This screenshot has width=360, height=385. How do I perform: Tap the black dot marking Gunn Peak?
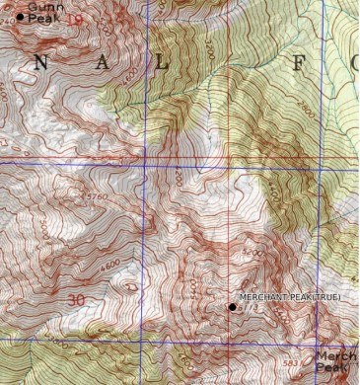click(x=21, y=16)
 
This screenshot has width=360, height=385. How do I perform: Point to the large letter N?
click(x=40, y=62)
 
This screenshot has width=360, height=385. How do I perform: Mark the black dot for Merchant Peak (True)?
click(x=233, y=307)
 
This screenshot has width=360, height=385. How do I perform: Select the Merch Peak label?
click(x=332, y=361)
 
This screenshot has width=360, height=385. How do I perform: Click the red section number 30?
click(x=76, y=297)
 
